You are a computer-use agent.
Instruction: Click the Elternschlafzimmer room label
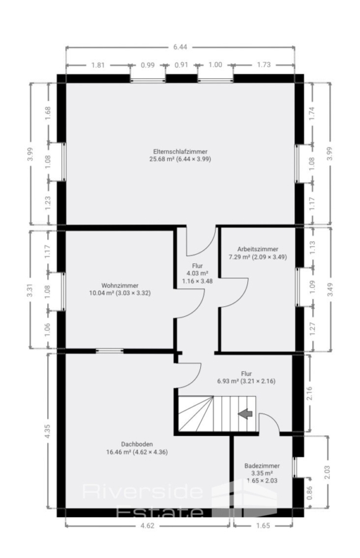tap(180, 151)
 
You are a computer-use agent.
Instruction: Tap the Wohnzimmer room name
tap(120, 285)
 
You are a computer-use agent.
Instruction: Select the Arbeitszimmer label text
tap(258, 249)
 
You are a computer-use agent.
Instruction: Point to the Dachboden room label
tap(136, 444)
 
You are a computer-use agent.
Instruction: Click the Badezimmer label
tap(262, 466)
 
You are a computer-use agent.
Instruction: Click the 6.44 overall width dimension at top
tap(180, 46)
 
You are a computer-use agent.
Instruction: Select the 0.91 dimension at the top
tap(182, 64)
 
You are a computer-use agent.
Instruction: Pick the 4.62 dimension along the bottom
tap(147, 526)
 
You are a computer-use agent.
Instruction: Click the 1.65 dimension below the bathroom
tap(263, 526)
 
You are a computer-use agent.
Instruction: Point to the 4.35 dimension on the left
tap(48, 431)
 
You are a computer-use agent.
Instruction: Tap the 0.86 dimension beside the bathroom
tap(309, 493)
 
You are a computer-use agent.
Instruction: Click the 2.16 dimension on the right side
tap(309, 393)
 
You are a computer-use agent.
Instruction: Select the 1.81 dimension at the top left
tap(98, 64)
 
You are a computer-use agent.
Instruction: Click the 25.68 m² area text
tap(162, 159)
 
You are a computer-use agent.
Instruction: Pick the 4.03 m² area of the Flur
tap(197, 273)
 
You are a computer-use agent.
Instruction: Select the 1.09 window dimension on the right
tap(312, 288)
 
